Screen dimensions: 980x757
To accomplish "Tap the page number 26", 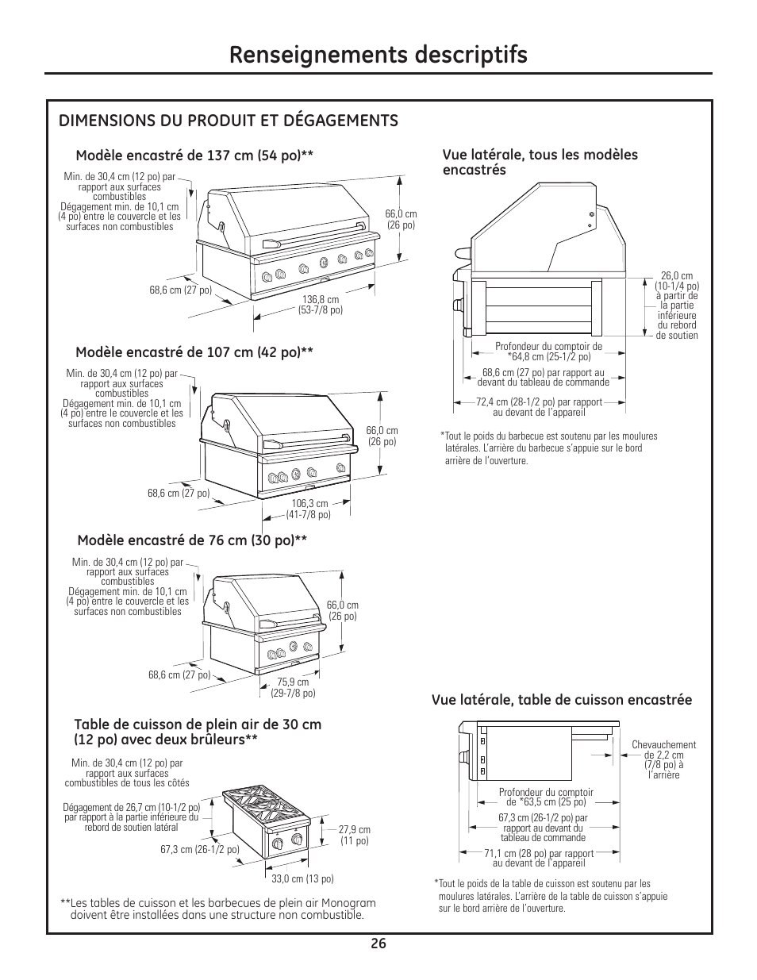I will point(378,943).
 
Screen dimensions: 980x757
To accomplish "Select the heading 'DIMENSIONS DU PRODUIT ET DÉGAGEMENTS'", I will point(229,121).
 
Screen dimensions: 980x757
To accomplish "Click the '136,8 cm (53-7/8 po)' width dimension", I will point(321,305).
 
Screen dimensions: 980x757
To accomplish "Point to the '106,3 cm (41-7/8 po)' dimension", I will point(309,509).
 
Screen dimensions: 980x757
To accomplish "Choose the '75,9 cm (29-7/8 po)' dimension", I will point(293,687).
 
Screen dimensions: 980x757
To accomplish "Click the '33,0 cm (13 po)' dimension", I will point(302,878).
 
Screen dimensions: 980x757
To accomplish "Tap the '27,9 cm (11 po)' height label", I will point(354,836).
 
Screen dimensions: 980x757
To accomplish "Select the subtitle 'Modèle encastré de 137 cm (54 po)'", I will point(194,156).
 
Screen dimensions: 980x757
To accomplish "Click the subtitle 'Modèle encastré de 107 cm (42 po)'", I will point(194,352).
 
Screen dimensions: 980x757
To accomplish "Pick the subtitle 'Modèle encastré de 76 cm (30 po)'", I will point(192,541).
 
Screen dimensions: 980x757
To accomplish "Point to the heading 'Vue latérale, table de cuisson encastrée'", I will point(562,700).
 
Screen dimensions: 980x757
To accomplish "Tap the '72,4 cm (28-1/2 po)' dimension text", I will point(539,407).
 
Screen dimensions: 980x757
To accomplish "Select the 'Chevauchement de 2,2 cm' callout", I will point(663,760).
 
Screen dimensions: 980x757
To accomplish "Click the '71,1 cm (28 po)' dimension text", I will point(539,859).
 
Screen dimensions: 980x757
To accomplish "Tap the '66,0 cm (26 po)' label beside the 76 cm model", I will point(342,611).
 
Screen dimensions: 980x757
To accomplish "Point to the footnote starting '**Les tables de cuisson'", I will point(217,909).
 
